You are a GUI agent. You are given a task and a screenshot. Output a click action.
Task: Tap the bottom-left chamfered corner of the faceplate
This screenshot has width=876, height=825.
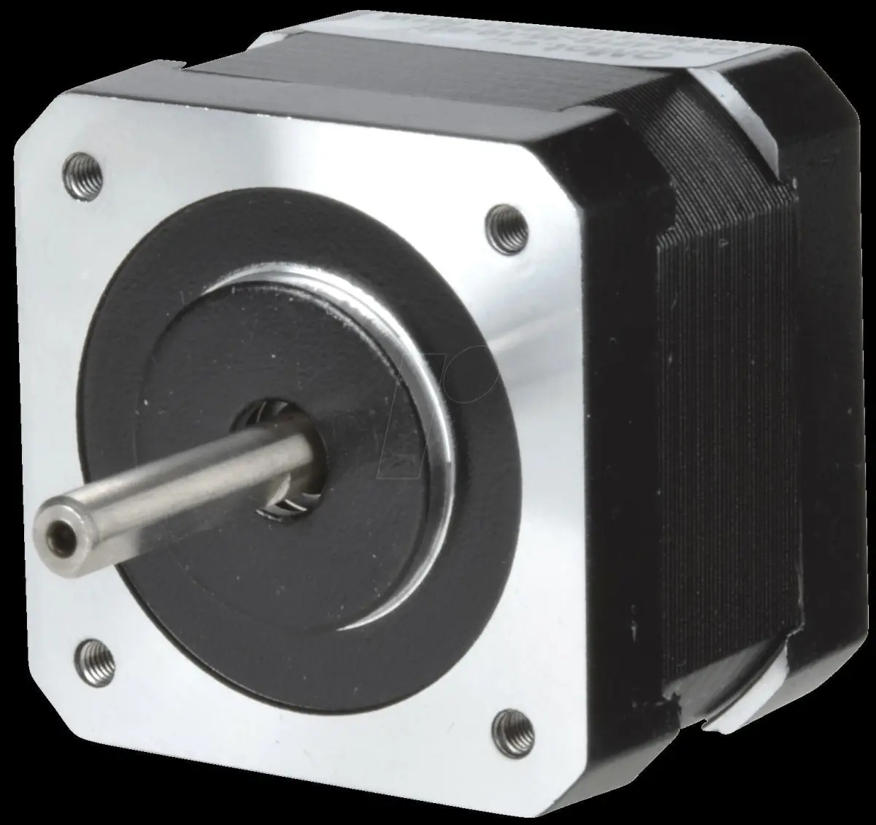(x=44, y=701)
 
